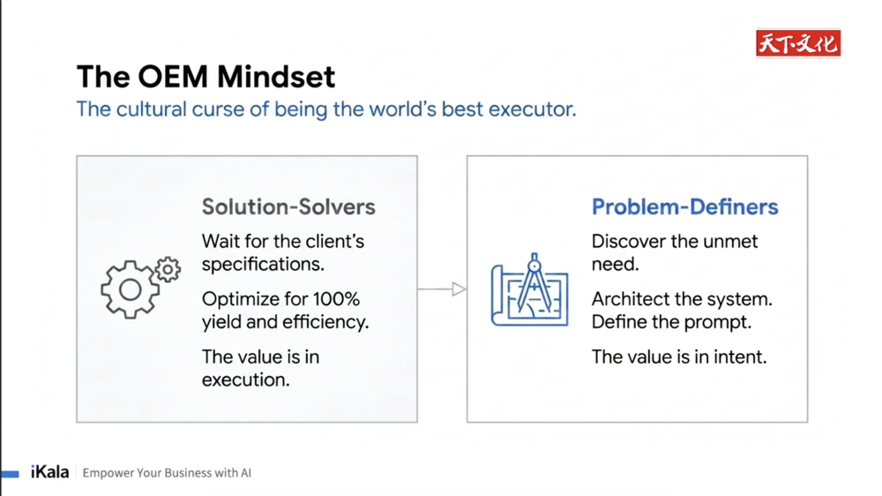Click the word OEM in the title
173,77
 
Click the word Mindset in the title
276,77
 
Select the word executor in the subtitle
532,109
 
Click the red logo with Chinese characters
798,43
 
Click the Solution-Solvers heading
288,207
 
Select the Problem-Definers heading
684,207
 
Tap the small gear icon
168,270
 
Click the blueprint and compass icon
529,290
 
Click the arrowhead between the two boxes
459,289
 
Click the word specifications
263,265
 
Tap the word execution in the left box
246,380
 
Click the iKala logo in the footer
49,472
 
